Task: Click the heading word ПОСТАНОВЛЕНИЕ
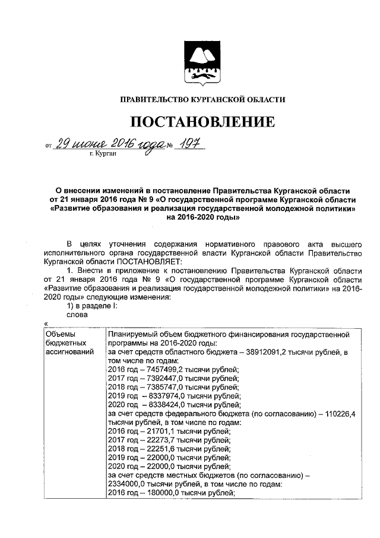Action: tap(203, 122)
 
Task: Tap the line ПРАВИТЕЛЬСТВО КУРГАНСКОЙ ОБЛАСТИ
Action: tap(203, 99)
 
